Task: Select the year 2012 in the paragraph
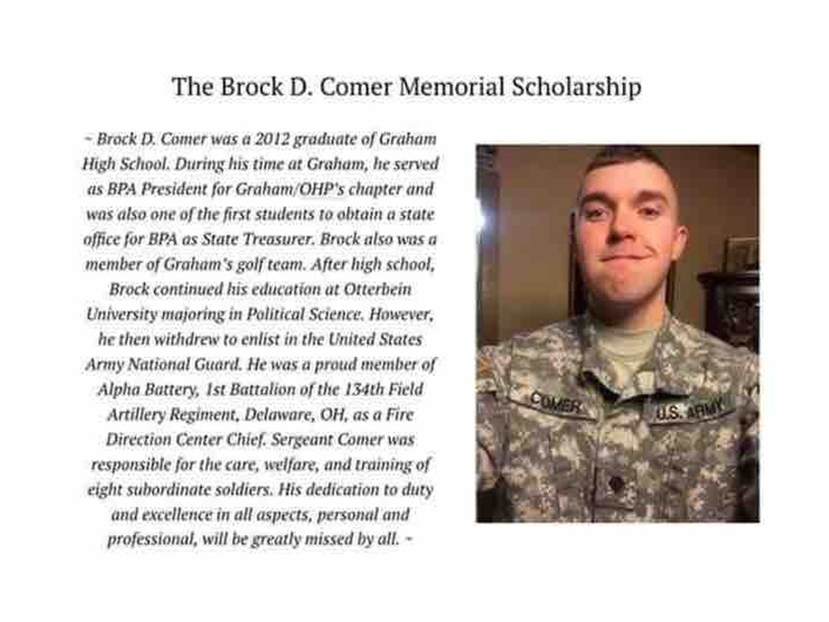coord(258,138)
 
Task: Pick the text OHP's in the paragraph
coord(316,189)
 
